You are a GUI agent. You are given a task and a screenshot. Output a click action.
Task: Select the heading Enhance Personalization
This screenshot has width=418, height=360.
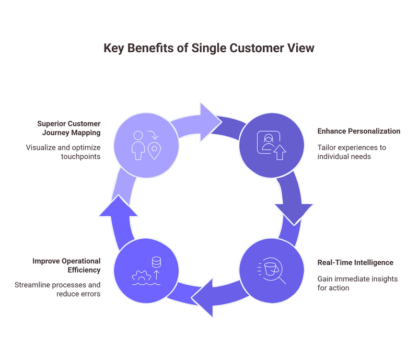pyautogui.click(x=358, y=131)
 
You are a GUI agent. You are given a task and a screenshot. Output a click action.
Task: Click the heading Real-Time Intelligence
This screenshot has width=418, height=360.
pyautogui.click(x=355, y=262)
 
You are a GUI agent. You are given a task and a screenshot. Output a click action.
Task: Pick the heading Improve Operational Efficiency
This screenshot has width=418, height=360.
pyautogui.click(x=66, y=265)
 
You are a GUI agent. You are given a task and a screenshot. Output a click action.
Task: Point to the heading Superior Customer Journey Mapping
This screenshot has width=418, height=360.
pyautogui.click(x=68, y=129)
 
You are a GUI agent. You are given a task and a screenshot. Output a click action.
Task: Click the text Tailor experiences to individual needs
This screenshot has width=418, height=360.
pyautogui.click(x=351, y=152)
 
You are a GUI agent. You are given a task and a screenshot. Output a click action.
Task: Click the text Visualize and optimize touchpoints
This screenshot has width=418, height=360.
pyautogui.click(x=63, y=152)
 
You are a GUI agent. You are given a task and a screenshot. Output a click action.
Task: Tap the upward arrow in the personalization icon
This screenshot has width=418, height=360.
pyautogui.click(x=280, y=152)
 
